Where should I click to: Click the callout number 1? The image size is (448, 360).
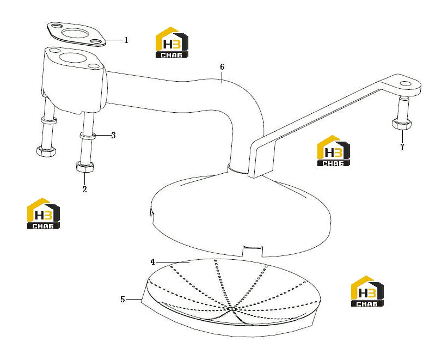[x=126, y=40]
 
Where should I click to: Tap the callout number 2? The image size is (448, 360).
[x=84, y=190]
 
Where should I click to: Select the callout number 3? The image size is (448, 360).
[x=113, y=135]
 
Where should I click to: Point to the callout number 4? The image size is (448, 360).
[x=153, y=261]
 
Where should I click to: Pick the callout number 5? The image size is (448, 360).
[x=122, y=300]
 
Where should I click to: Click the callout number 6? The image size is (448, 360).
[x=222, y=67]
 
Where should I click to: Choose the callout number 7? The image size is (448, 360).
[x=402, y=147]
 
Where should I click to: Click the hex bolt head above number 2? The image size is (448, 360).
[x=85, y=167]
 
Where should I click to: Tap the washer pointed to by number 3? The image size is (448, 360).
[x=88, y=135]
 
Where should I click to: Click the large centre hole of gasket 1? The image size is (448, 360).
[x=76, y=34]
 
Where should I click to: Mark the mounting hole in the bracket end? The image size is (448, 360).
[x=405, y=83]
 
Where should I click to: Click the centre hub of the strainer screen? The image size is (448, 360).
[x=232, y=309]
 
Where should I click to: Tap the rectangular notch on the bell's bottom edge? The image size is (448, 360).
[x=253, y=250]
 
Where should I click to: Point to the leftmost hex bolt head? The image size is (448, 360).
[x=46, y=151]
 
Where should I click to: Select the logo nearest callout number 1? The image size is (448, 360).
[x=171, y=42]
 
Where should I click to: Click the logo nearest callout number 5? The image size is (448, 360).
[x=367, y=291]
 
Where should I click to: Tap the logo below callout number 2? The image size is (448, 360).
[x=44, y=213]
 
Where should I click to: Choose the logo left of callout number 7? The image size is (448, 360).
[x=334, y=151]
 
